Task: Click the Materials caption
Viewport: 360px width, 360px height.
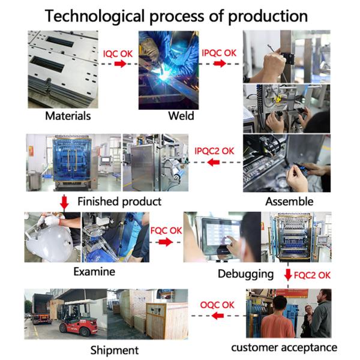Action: tap(64, 116)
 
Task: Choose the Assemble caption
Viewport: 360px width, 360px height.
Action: tap(289, 201)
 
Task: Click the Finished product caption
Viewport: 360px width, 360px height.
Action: tap(119, 201)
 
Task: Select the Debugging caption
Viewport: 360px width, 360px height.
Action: tap(245, 274)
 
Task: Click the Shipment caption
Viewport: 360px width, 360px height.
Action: tap(113, 349)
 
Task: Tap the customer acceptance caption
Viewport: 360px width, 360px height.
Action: tap(284, 347)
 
